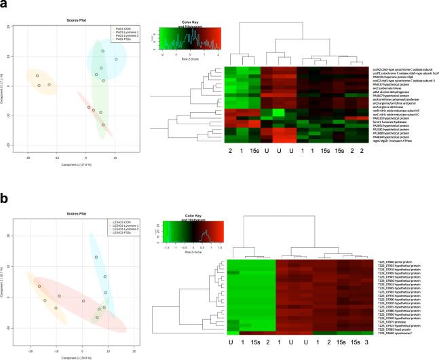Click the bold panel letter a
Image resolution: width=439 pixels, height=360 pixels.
(5, 5)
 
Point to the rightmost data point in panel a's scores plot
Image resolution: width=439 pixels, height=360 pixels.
(115, 59)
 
